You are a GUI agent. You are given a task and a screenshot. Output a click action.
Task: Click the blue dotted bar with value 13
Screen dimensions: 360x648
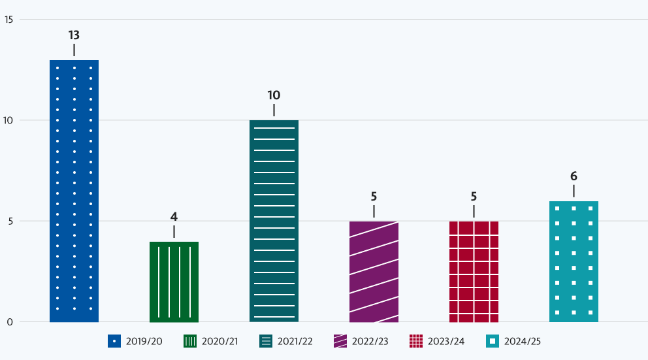click(x=74, y=191)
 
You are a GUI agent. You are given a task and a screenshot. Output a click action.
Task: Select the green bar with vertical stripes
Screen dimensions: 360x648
click(x=174, y=282)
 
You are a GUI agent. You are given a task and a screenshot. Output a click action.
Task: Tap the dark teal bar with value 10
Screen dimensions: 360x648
click(x=274, y=221)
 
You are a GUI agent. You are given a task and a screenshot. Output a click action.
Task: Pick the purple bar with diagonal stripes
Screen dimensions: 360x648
click(x=374, y=271)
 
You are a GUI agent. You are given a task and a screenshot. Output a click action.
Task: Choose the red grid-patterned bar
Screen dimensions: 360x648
click(x=474, y=271)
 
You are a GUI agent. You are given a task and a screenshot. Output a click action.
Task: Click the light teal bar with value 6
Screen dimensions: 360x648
click(x=574, y=261)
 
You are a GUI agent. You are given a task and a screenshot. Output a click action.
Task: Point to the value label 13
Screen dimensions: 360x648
click(x=74, y=35)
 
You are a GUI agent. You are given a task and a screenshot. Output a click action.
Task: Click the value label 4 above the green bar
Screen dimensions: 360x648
click(x=174, y=217)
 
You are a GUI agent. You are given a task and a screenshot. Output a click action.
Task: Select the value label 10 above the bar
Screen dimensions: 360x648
click(x=274, y=95)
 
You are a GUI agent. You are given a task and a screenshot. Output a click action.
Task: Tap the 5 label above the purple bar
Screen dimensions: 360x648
click(x=374, y=196)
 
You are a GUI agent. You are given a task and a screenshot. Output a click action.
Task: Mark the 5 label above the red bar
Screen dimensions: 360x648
click(x=474, y=196)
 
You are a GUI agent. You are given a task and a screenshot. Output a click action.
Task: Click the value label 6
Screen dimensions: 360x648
click(x=574, y=176)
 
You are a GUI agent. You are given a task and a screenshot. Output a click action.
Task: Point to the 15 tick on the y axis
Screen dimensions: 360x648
click(x=9, y=19)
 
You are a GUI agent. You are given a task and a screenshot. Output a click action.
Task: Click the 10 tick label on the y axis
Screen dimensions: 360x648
click(x=9, y=120)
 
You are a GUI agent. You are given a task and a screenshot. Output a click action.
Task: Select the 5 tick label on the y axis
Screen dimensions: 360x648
click(x=10, y=221)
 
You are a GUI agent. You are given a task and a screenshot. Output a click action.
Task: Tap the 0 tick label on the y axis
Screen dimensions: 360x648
click(x=10, y=321)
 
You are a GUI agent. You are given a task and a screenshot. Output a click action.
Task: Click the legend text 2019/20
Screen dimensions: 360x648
click(x=144, y=341)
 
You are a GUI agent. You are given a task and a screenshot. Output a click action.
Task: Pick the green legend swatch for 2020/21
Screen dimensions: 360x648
click(x=190, y=341)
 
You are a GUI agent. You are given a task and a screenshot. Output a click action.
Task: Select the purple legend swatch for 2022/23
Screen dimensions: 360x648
click(x=340, y=341)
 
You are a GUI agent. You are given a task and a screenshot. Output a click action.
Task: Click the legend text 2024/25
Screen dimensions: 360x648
click(x=523, y=341)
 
